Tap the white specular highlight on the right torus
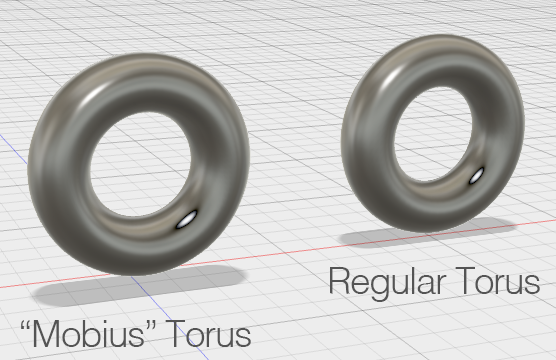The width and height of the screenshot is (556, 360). (477, 177)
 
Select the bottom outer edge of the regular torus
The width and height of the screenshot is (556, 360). (420, 226)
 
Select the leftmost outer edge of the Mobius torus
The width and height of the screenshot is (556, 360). (31, 165)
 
